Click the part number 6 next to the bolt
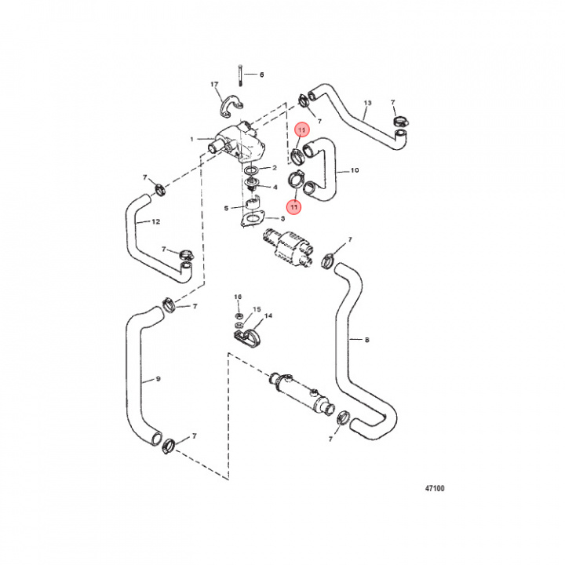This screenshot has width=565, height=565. click(x=262, y=75)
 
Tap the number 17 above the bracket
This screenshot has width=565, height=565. click(x=213, y=84)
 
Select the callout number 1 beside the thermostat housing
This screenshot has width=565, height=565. click(x=191, y=140)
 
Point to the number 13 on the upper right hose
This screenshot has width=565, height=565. click(x=366, y=104)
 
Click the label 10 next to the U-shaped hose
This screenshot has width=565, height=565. click(x=355, y=169)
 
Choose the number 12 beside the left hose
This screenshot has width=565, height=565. click(x=155, y=222)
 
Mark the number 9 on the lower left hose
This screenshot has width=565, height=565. click(x=158, y=379)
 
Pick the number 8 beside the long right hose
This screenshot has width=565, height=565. click(x=366, y=340)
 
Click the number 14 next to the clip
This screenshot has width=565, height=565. click(x=268, y=316)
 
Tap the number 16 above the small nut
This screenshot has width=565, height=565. click(x=238, y=297)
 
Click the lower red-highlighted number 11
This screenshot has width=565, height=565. click(x=293, y=207)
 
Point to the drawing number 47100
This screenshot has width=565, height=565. click(x=434, y=487)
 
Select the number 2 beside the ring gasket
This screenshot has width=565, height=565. click(x=274, y=168)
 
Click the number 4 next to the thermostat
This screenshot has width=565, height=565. click(x=274, y=187)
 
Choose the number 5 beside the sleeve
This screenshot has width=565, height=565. click(x=227, y=208)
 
